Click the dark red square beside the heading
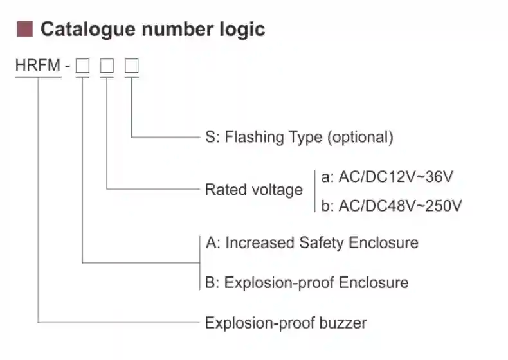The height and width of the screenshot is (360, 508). coord(25,28)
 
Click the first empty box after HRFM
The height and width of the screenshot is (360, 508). coord(82,66)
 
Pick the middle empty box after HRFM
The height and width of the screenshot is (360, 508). coord(107,66)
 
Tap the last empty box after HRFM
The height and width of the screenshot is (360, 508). coord(131,66)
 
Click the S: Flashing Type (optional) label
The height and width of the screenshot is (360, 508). coord(298,137)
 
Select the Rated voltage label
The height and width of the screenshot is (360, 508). coord(253,190)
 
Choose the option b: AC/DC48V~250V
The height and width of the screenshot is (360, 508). coord(391,206)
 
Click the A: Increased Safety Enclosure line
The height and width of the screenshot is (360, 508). coord(312,243)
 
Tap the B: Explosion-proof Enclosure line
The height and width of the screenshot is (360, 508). coord(307,283)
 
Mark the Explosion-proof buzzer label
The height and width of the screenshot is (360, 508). coord(286,322)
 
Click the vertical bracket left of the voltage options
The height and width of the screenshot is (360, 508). coord(314,190)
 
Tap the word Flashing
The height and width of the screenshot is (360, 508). coord(255,137)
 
